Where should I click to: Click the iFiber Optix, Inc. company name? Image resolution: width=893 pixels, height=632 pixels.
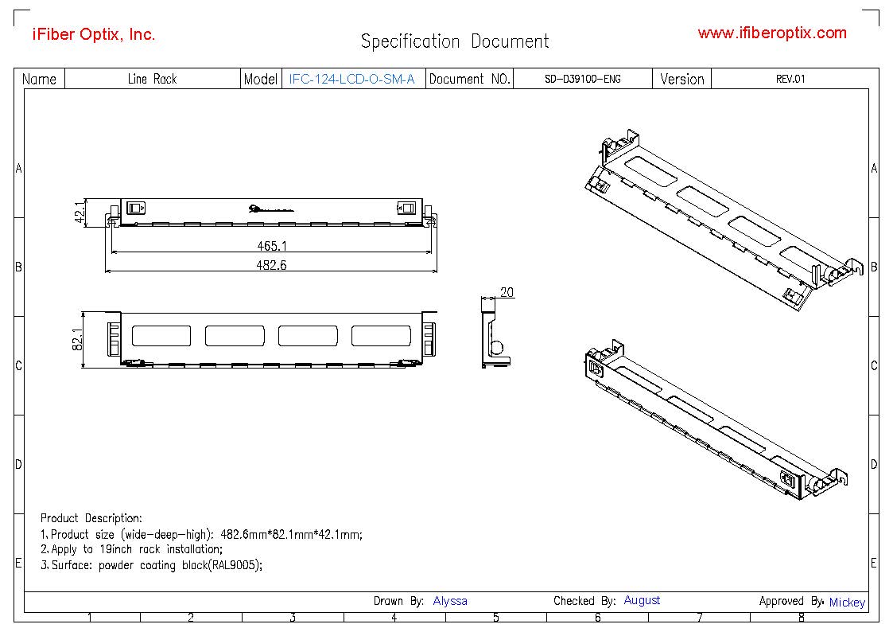tap(93, 34)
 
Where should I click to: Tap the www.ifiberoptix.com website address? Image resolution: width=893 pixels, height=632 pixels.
tap(771, 33)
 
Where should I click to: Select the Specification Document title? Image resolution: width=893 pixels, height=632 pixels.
tap(454, 41)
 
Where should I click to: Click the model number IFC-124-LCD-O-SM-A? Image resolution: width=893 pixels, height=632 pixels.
tap(352, 79)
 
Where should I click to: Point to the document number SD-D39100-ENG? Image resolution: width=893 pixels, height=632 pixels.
tap(583, 79)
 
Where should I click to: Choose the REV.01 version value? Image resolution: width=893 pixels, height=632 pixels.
tap(790, 79)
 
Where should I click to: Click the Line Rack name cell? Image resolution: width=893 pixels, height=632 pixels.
tap(152, 79)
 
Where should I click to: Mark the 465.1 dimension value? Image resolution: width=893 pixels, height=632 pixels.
tap(272, 247)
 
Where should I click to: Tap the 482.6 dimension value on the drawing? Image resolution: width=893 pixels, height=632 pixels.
tap(271, 265)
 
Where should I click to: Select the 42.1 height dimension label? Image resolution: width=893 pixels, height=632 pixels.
tap(80, 213)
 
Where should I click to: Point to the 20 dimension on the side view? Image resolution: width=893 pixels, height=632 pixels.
tap(507, 293)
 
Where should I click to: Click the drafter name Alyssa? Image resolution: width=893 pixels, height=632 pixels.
tap(450, 601)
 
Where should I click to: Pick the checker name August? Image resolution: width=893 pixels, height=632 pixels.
tap(642, 600)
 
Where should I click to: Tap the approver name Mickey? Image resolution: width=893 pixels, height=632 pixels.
tap(846, 603)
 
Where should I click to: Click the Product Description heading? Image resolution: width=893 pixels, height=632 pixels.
tap(91, 518)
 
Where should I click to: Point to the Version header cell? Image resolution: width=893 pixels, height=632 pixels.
tap(681, 79)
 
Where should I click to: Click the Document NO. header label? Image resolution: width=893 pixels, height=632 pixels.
tap(469, 79)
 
